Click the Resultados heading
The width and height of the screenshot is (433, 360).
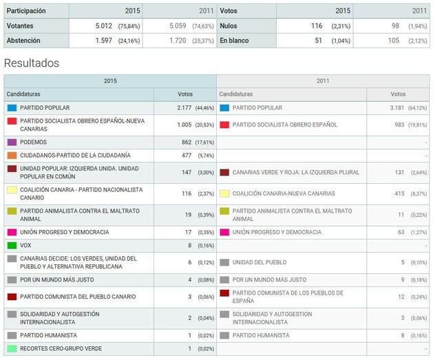(x=31, y=63)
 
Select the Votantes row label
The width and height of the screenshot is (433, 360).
(x=21, y=26)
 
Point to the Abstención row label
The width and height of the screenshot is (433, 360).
(x=23, y=41)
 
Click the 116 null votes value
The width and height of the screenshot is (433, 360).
(x=316, y=26)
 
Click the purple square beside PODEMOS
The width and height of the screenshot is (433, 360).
(x=12, y=142)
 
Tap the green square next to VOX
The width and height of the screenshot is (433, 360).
(x=12, y=245)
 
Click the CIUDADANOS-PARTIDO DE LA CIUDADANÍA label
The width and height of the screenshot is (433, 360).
(x=75, y=156)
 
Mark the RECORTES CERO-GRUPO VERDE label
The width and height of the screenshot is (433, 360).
(x=61, y=349)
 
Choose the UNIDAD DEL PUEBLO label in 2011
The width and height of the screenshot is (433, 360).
(x=260, y=262)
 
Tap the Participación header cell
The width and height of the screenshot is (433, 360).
(x=26, y=11)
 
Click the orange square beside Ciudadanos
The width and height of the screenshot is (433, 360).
(x=12, y=156)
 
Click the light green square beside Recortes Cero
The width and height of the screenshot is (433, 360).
(x=12, y=349)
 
